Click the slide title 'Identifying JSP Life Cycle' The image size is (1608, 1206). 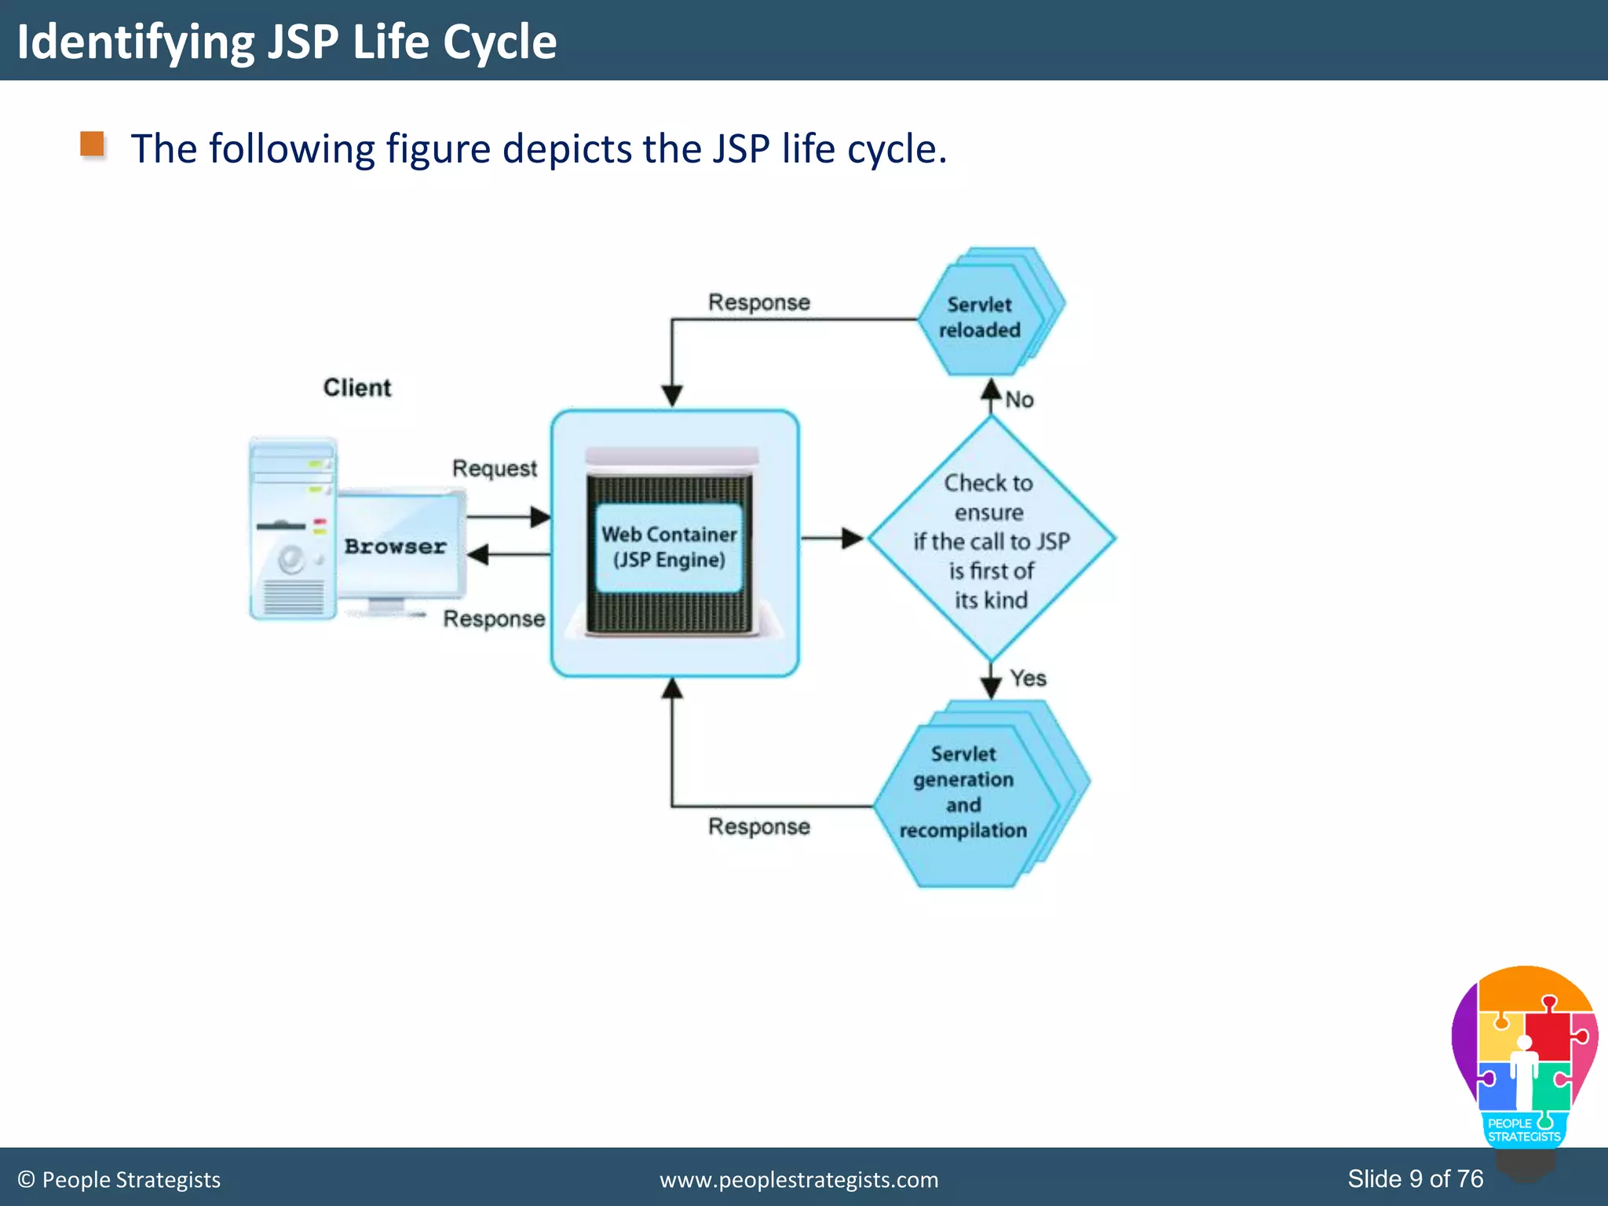coord(287,42)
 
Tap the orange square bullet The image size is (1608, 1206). coord(93,144)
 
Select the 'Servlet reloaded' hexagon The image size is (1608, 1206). coord(980,318)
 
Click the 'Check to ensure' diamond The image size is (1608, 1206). coord(990,540)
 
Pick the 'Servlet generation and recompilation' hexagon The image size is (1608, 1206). coord(964,793)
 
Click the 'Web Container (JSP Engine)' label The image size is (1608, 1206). coord(669,547)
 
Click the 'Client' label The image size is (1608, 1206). coord(356,388)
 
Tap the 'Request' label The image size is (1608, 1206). coord(494,469)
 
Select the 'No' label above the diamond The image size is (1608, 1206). coord(1019,400)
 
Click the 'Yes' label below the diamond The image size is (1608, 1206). coord(1028,678)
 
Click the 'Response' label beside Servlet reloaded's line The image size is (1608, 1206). coord(758,302)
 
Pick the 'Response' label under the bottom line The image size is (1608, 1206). coord(758,827)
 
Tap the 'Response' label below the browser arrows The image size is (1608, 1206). coord(494,619)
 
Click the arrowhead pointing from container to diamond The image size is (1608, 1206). coord(852,539)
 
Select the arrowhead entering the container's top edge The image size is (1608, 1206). coord(672,395)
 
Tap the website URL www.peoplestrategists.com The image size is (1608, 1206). coord(799,1180)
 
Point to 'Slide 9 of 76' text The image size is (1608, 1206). coord(1415,1179)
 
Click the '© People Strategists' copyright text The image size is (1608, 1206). coord(119,1180)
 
